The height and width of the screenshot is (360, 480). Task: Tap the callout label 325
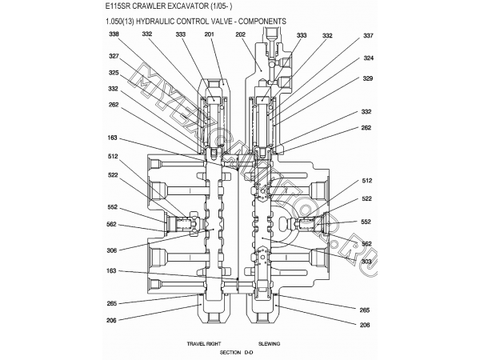tap(114, 72)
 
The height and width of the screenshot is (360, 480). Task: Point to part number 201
tap(210, 35)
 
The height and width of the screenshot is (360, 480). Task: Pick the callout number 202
tap(241, 35)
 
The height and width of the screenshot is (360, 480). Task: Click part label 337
tap(368, 36)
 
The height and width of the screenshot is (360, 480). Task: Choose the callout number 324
tap(368, 58)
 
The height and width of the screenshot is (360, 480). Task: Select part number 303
tap(366, 262)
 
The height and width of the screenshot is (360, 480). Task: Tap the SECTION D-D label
tap(236, 352)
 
